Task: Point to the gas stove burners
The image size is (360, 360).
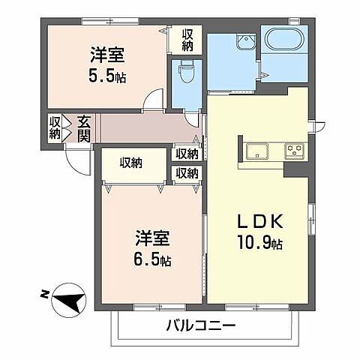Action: coord(294,151)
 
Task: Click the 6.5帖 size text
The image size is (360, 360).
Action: coord(152,261)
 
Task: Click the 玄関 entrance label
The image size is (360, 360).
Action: coord(83,127)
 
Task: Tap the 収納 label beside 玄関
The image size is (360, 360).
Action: coord(55,127)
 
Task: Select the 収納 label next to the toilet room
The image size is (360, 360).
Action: coord(187,38)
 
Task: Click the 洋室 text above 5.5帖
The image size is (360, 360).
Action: coord(107,55)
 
